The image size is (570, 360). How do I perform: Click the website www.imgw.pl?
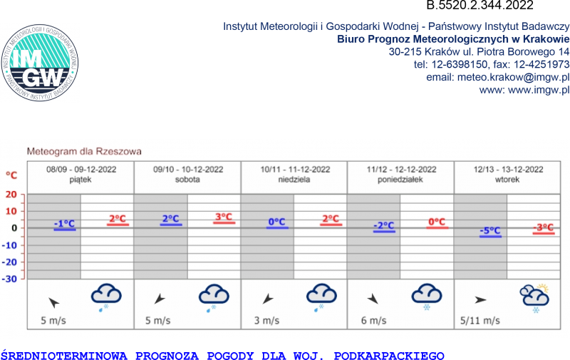click(524, 90)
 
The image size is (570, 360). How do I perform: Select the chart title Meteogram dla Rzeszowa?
click(84, 151)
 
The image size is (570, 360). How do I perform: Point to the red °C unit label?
click(11, 175)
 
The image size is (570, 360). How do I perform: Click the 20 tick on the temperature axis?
click(11, 194)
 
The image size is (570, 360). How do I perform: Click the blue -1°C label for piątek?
click(64, 224)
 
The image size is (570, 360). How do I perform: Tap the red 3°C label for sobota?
click(224, 217)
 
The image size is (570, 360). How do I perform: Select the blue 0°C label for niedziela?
click(276, 222)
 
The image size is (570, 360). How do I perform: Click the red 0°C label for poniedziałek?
click(437, 222)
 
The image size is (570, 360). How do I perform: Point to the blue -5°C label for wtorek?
click(490, 231)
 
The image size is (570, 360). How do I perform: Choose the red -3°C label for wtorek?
click(544, 228)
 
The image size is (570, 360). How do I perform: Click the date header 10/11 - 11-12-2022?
click(294, 169)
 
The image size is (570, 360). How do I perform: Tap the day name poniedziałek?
click(400, 180)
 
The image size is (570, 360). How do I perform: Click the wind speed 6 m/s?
click(373, 321)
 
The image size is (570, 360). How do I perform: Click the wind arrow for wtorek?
click(481, 300)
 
